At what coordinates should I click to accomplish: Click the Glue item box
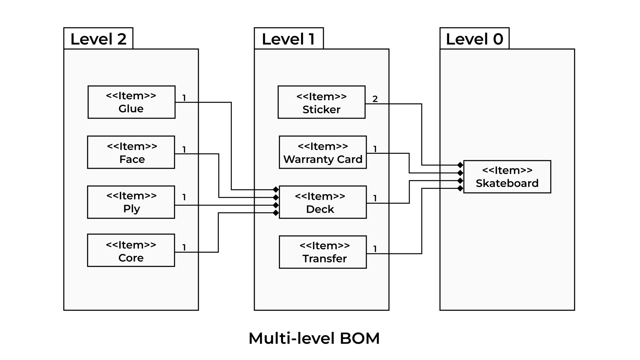(131, 102)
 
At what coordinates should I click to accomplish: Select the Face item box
(131, 152)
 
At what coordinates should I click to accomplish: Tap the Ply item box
(131, 202)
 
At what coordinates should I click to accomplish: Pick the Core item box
(131, 250)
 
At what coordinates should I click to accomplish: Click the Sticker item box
(321, 102)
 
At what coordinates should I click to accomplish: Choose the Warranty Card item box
(323, 152)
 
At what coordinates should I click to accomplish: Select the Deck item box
(323, 202)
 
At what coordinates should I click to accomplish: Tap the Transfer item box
(323, 252)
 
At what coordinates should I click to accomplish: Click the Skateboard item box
(507, 177)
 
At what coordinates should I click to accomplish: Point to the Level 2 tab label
(98, 39)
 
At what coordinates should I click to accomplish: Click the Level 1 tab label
(288, 39)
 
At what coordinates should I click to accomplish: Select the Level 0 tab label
(474, 39)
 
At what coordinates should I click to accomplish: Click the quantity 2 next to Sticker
(375, 99)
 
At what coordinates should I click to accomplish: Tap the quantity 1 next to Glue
(184, 98)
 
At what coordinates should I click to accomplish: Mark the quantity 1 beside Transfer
(375, 249)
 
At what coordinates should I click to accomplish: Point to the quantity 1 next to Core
(184, 247)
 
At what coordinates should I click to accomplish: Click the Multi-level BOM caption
(314, 338)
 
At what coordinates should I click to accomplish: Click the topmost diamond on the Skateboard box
(460, 165)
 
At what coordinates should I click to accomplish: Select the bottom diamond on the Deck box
(276, 213)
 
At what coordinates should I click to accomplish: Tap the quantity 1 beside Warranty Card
(375, 149)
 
